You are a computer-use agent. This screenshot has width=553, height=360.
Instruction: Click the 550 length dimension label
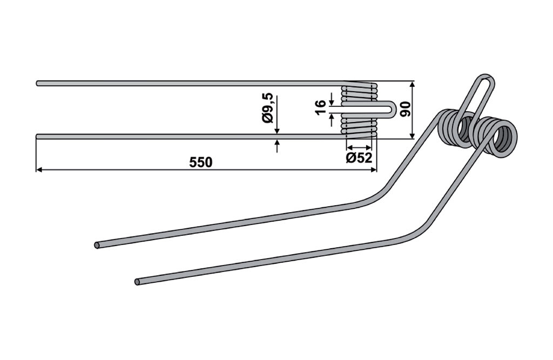click(x=201, y=162)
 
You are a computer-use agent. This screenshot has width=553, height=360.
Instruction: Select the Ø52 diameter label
click(x=359, y=158)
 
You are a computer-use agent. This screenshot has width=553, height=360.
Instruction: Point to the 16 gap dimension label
click(x=321, y=107)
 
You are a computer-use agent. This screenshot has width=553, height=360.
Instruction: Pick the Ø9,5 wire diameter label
click(x=268, y=107)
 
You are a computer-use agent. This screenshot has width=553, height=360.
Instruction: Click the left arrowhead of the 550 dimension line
click(x=39, y=170)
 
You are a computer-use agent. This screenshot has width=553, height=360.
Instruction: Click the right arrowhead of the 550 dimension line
click(x=374, y=170)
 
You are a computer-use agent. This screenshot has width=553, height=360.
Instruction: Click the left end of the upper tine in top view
click(x=38, y=84)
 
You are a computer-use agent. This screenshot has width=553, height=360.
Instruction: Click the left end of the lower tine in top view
click(x=38, y=137)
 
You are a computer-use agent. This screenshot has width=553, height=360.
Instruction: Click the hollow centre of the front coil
click(x=503, y=139)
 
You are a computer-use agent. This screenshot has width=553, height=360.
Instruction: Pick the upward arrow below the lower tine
click(x=277, y=146)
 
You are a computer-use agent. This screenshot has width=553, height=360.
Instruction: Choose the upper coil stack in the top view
click(x=359, y=93)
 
